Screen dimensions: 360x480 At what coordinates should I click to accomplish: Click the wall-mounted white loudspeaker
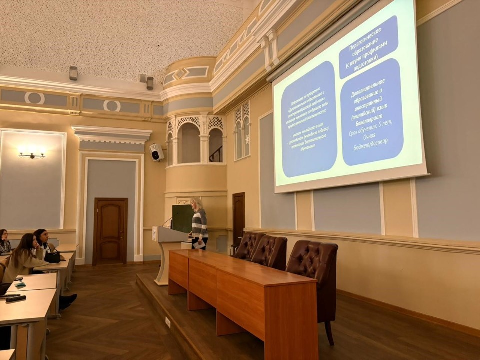(156, 152)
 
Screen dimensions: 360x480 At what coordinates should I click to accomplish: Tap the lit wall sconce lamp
(32, 155)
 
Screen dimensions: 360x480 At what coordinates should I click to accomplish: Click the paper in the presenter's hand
(199, 244)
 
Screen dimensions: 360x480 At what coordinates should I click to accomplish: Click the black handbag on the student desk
(52, 256)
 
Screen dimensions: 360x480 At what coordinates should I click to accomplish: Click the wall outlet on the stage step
(168, 322)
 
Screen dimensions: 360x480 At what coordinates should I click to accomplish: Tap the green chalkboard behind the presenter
(182, 218)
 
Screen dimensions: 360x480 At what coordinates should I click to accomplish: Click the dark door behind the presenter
(238, 220)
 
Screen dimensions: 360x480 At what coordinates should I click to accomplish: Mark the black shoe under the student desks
(68, 299)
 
